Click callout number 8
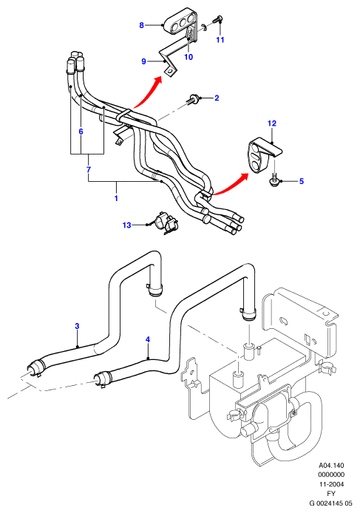(141, 25)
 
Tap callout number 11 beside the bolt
(220, 40)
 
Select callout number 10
(189, 57)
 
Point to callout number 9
(143, 61)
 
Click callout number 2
(217, 98)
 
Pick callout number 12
(272, 123)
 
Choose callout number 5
(302, 181)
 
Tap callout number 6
(81, 132)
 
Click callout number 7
(89, 169)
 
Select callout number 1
(116, 198)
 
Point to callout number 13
(126, 225)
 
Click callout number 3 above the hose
(77, 326)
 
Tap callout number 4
(148, 339)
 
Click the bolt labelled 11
(217, 19)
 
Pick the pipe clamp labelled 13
(167, 223)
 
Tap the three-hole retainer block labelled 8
(181, 23)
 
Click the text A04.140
(331, 465)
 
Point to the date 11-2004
(331, 484)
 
